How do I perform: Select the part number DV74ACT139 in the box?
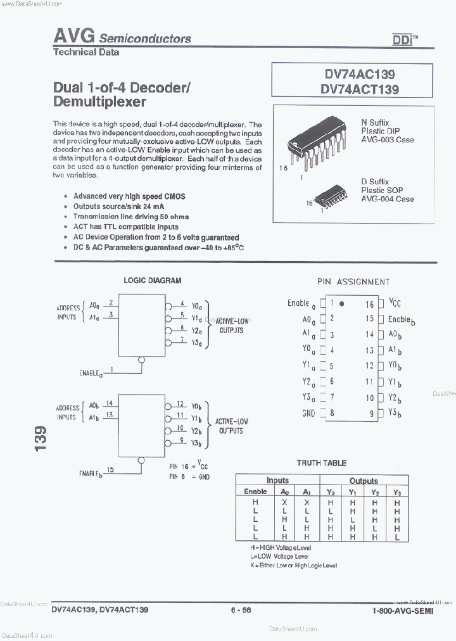point(360,89)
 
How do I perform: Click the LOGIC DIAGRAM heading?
point(152,280)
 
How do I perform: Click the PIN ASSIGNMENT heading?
point(353,282)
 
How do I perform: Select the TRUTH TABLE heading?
point(322,463)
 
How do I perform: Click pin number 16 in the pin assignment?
point(369,303)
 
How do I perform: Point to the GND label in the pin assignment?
point(308,413)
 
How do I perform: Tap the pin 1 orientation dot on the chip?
point(341,303)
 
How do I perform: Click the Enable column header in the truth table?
point(255,492)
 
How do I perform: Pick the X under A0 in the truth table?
point(285,502)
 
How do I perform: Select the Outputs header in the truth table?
point(363,481)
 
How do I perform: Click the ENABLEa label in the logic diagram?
point(91,374)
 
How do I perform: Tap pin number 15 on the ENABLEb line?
point(111,469)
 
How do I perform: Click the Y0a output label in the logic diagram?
point(198,305)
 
